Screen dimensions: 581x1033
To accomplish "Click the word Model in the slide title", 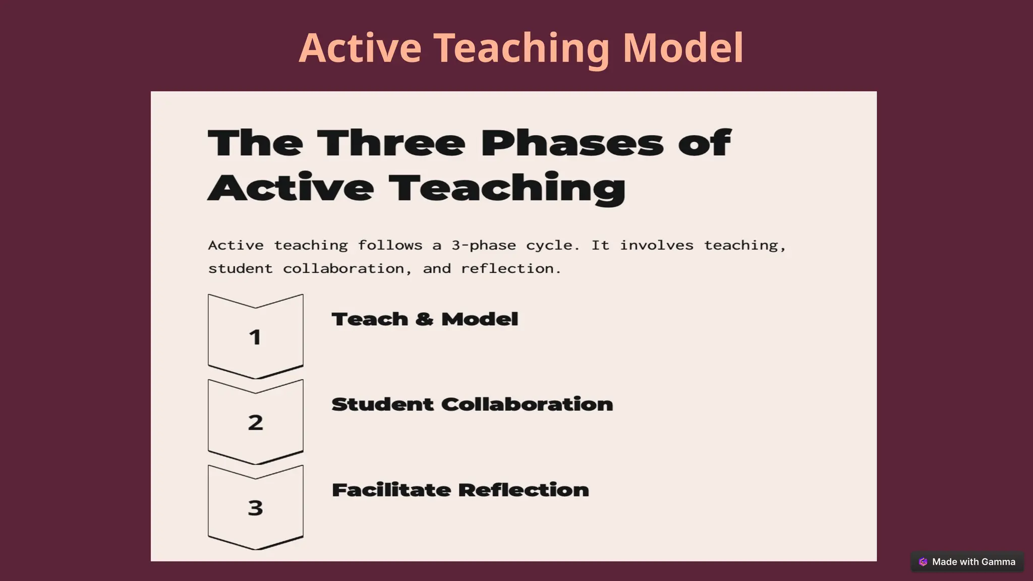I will pos(683,48).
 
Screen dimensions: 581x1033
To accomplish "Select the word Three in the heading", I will pos(391,143).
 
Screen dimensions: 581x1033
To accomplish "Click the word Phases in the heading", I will pos(572,143).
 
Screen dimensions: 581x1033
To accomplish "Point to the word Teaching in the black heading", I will pos(507,188).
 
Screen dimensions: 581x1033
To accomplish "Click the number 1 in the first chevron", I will pos(255,337).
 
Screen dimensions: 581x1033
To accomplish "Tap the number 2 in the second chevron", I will pos(255,423).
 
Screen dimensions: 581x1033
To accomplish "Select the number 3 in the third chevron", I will pos(255,508).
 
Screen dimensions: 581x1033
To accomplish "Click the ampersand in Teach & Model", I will pos(425,319).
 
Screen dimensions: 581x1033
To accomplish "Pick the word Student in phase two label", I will pos(382,404).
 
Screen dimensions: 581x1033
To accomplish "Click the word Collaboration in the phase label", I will pos(527,404).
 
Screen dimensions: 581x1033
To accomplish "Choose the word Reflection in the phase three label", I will pos(524,490).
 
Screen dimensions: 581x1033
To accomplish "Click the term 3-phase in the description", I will pos(484,246).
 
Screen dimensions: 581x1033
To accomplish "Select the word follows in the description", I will pos(390,246).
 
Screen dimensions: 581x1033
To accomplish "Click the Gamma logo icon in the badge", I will pos(923,562).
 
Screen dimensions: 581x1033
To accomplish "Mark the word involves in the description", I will pos(656,246).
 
